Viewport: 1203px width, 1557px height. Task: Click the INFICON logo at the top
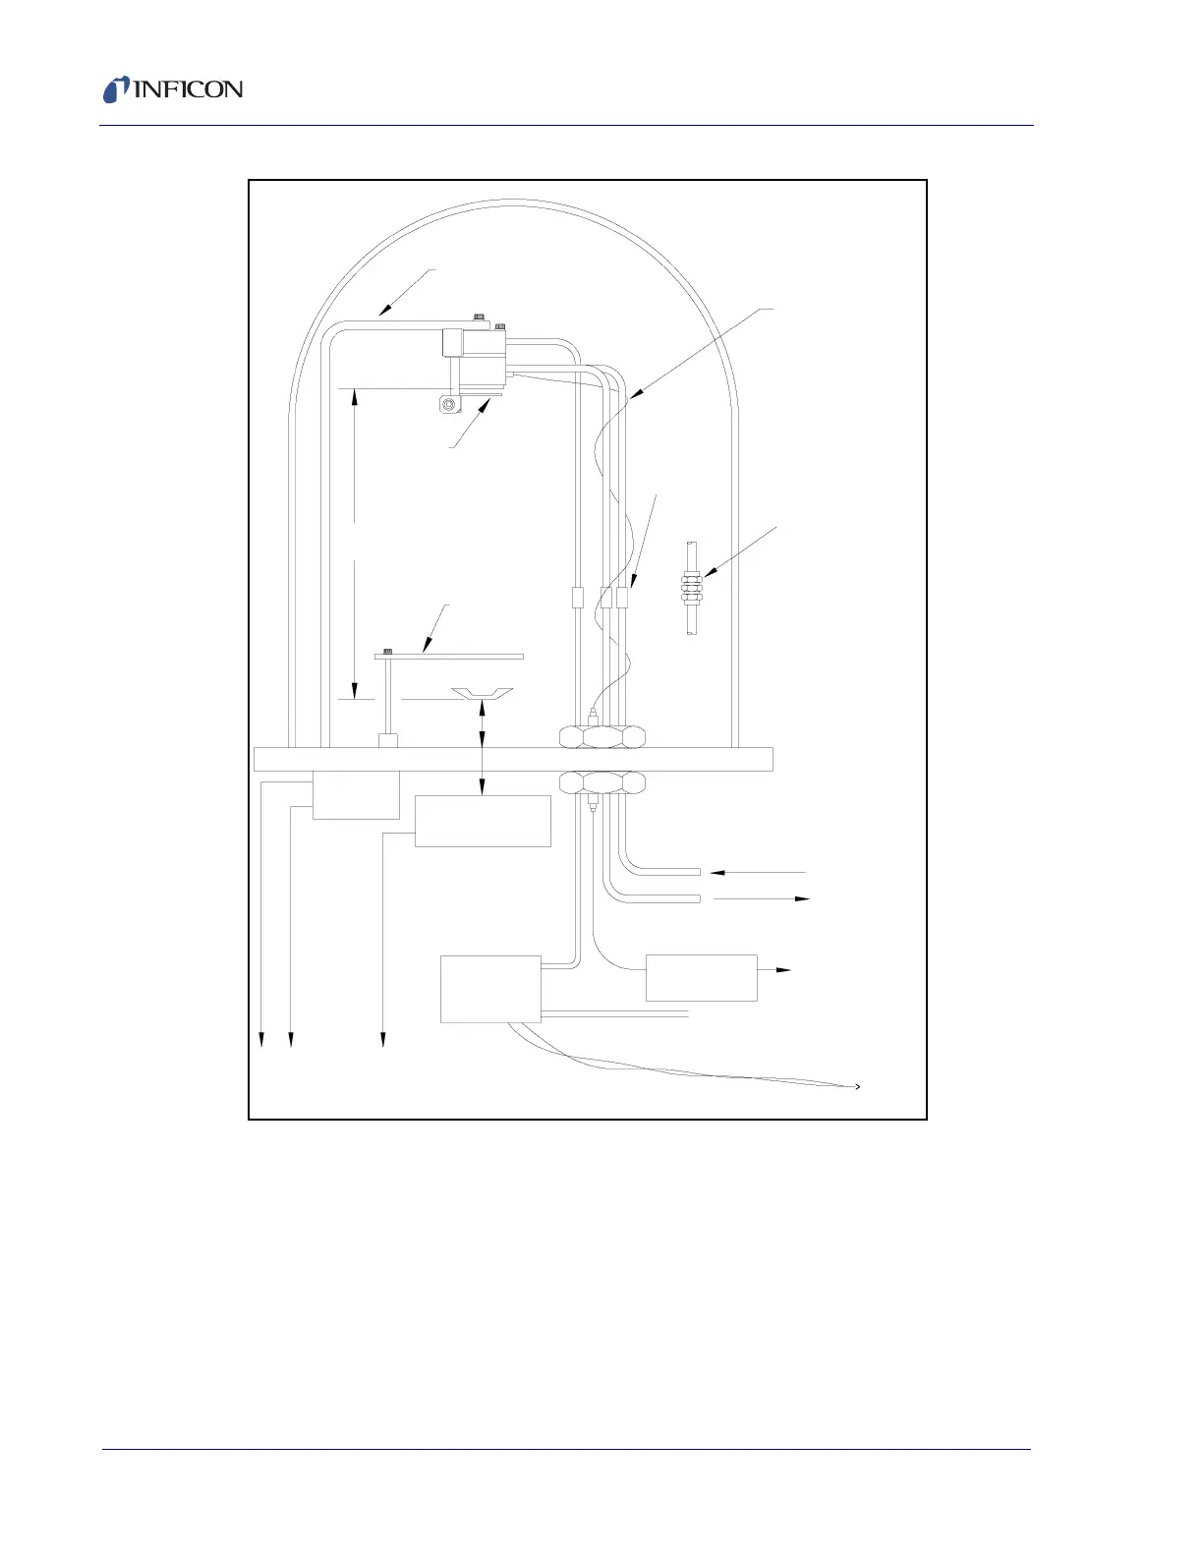click(173, 89)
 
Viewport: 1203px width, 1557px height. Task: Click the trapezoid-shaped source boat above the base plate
click(482, 695)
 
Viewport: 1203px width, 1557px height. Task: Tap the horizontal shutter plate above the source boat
click(449, 656)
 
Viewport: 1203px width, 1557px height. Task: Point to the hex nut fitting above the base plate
click(602, 736)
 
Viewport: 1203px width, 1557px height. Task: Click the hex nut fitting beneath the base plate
click(602, 783)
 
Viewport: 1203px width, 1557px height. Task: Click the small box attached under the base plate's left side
click(356, 795)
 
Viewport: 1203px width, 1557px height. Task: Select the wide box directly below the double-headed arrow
click(482, 821)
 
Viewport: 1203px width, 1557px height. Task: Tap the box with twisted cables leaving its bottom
click(490, 988)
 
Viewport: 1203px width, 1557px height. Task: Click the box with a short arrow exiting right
click(701, 978)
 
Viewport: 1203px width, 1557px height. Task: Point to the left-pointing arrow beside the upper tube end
click(717, 872)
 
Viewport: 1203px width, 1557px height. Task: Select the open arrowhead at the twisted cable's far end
click(858, 1086)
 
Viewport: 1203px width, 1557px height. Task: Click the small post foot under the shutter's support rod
click(387, 740)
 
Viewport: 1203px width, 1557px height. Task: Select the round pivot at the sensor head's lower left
click(449, 404)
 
